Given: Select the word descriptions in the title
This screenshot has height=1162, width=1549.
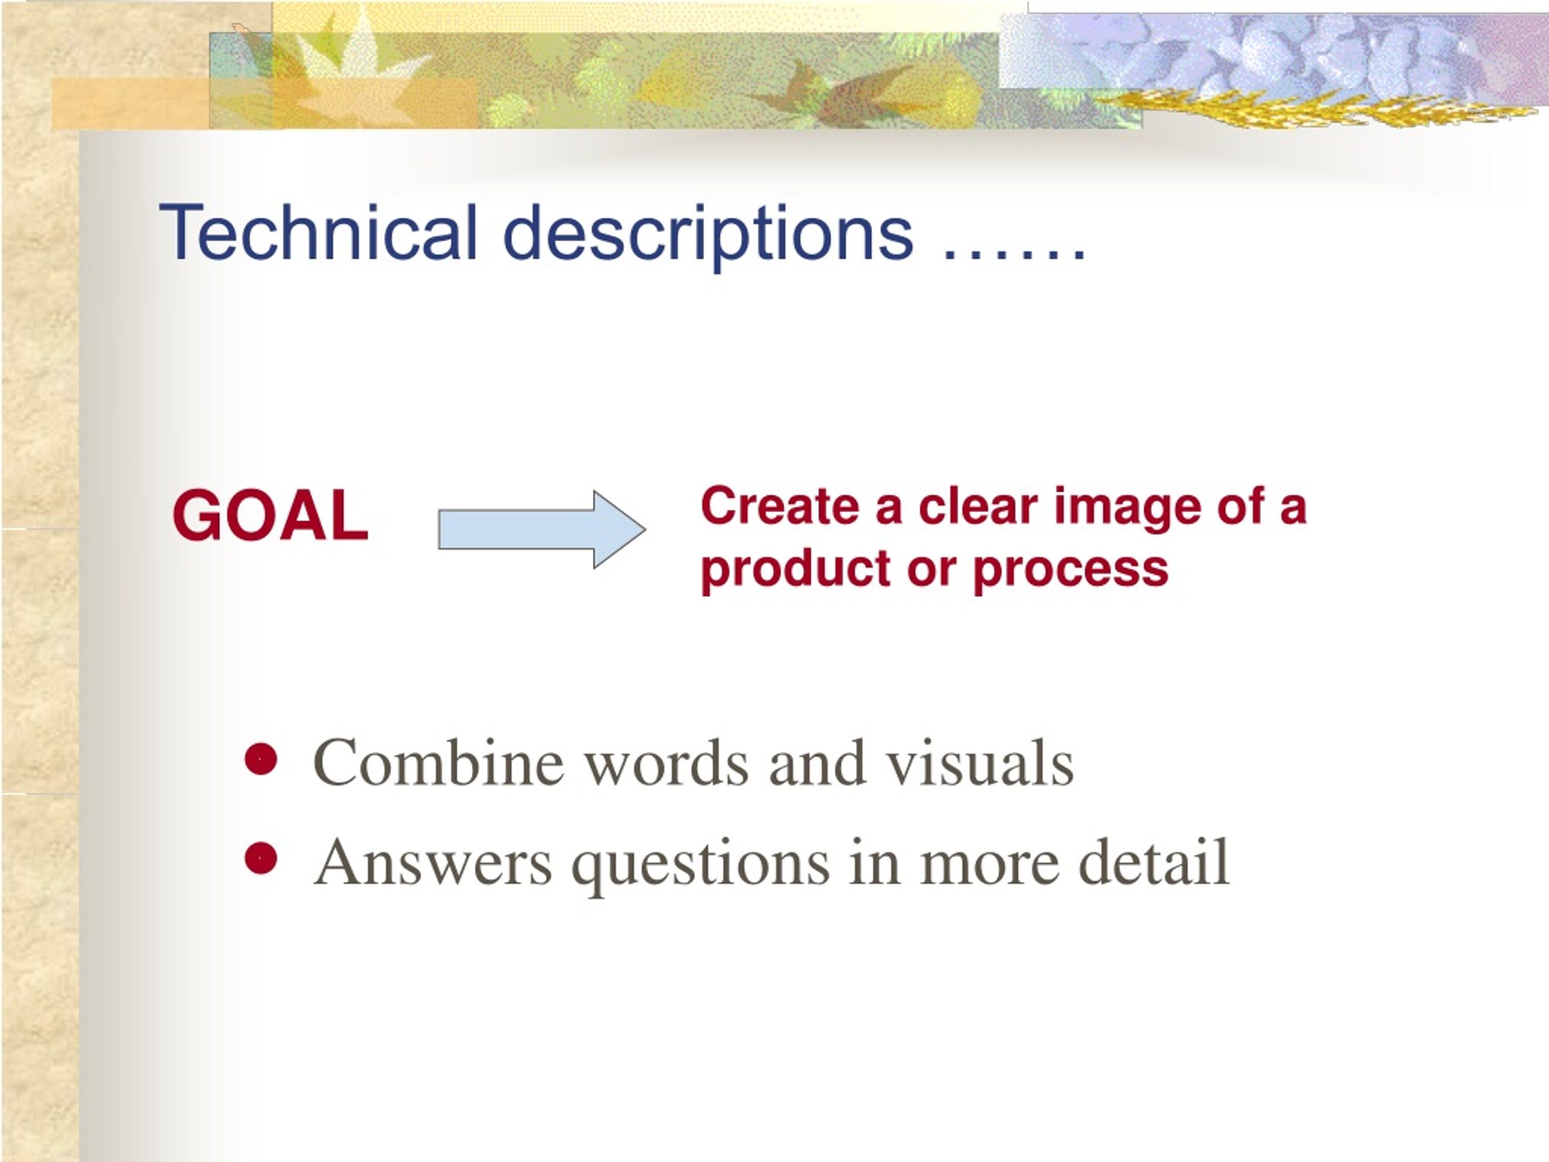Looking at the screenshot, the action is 709,237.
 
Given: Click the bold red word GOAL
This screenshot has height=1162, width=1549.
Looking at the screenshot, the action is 270,516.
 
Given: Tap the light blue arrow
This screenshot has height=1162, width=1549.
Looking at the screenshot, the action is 542,529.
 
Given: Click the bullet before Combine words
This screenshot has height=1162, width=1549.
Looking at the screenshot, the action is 261,760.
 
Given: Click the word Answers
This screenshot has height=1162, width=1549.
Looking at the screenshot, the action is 433,862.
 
